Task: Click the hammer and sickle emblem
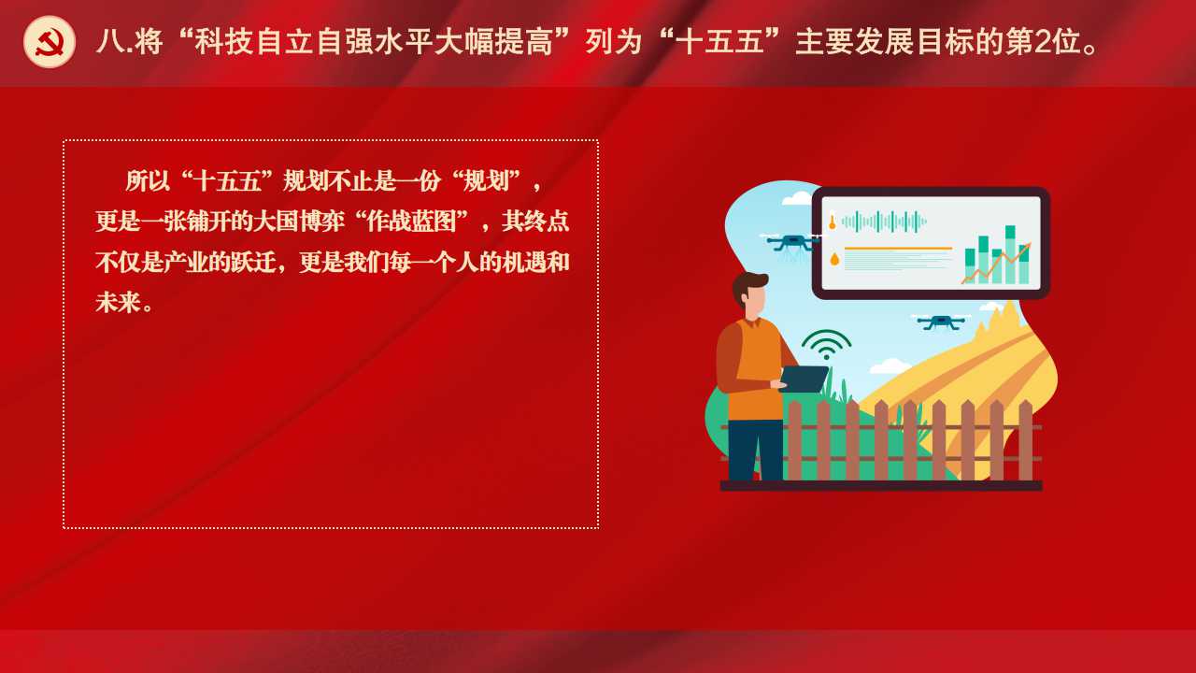coord(50,42)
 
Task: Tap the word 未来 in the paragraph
coord(118,302)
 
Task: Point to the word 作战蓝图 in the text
coord(410,222)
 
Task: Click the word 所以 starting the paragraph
coord(148,180)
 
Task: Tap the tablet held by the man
coord(804,379)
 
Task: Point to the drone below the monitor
coord(941,322)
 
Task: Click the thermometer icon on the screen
coord(832,221)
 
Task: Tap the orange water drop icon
coord(834,260)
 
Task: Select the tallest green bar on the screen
coord(1010,254)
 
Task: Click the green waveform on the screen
coord(884,222)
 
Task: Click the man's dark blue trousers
coord(755,450)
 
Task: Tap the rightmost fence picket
coord(1025,440)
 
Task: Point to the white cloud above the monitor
coord(797,198)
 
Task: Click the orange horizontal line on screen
coord(898,249)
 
